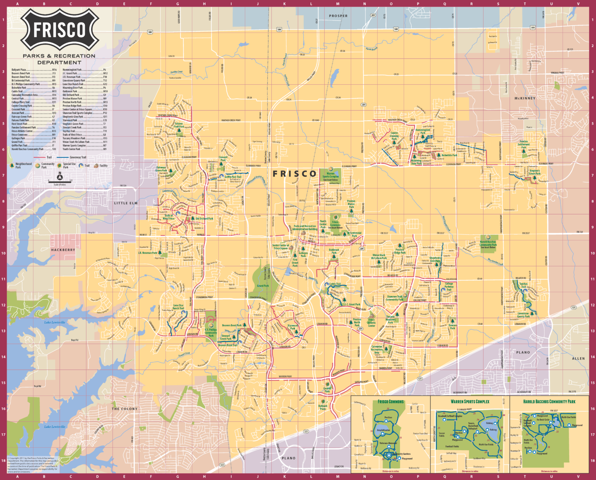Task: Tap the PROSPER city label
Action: pyautogui.click(x=338, y=16)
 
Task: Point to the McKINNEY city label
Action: pyautogui.click(x=525, y=98)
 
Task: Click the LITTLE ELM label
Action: pyautogui.click(x=126, y=203)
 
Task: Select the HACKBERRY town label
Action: pyautogui.click(x=63, y=250)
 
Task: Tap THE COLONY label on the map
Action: pyautogui.click(x=125, y=409)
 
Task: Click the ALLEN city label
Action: pyautogui.click(x=578, y=358)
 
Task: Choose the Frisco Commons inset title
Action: pyautogui.click(x=391, y=402)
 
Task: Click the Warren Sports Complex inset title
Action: pyautogui.click(x=470, y=402)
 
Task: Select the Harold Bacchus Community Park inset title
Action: pyautogui.click(x=549, y=402)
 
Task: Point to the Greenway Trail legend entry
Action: pyautogui.click(x=78, y=157)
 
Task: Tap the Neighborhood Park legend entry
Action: pyautogui.click(x=23, y=165)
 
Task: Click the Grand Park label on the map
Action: pyautogui.click(x=263, y=286)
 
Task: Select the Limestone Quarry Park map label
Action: pyautogui.click(x=523, y=315)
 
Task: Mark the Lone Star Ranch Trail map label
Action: pyautogui.click(x=178, y=307)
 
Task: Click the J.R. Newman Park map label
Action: pyautogui.click(x=148, y=253)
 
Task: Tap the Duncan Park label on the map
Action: pyautogui.click(x=452, y=327)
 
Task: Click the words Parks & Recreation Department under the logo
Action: pyautogui.click(x=59, y=59)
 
